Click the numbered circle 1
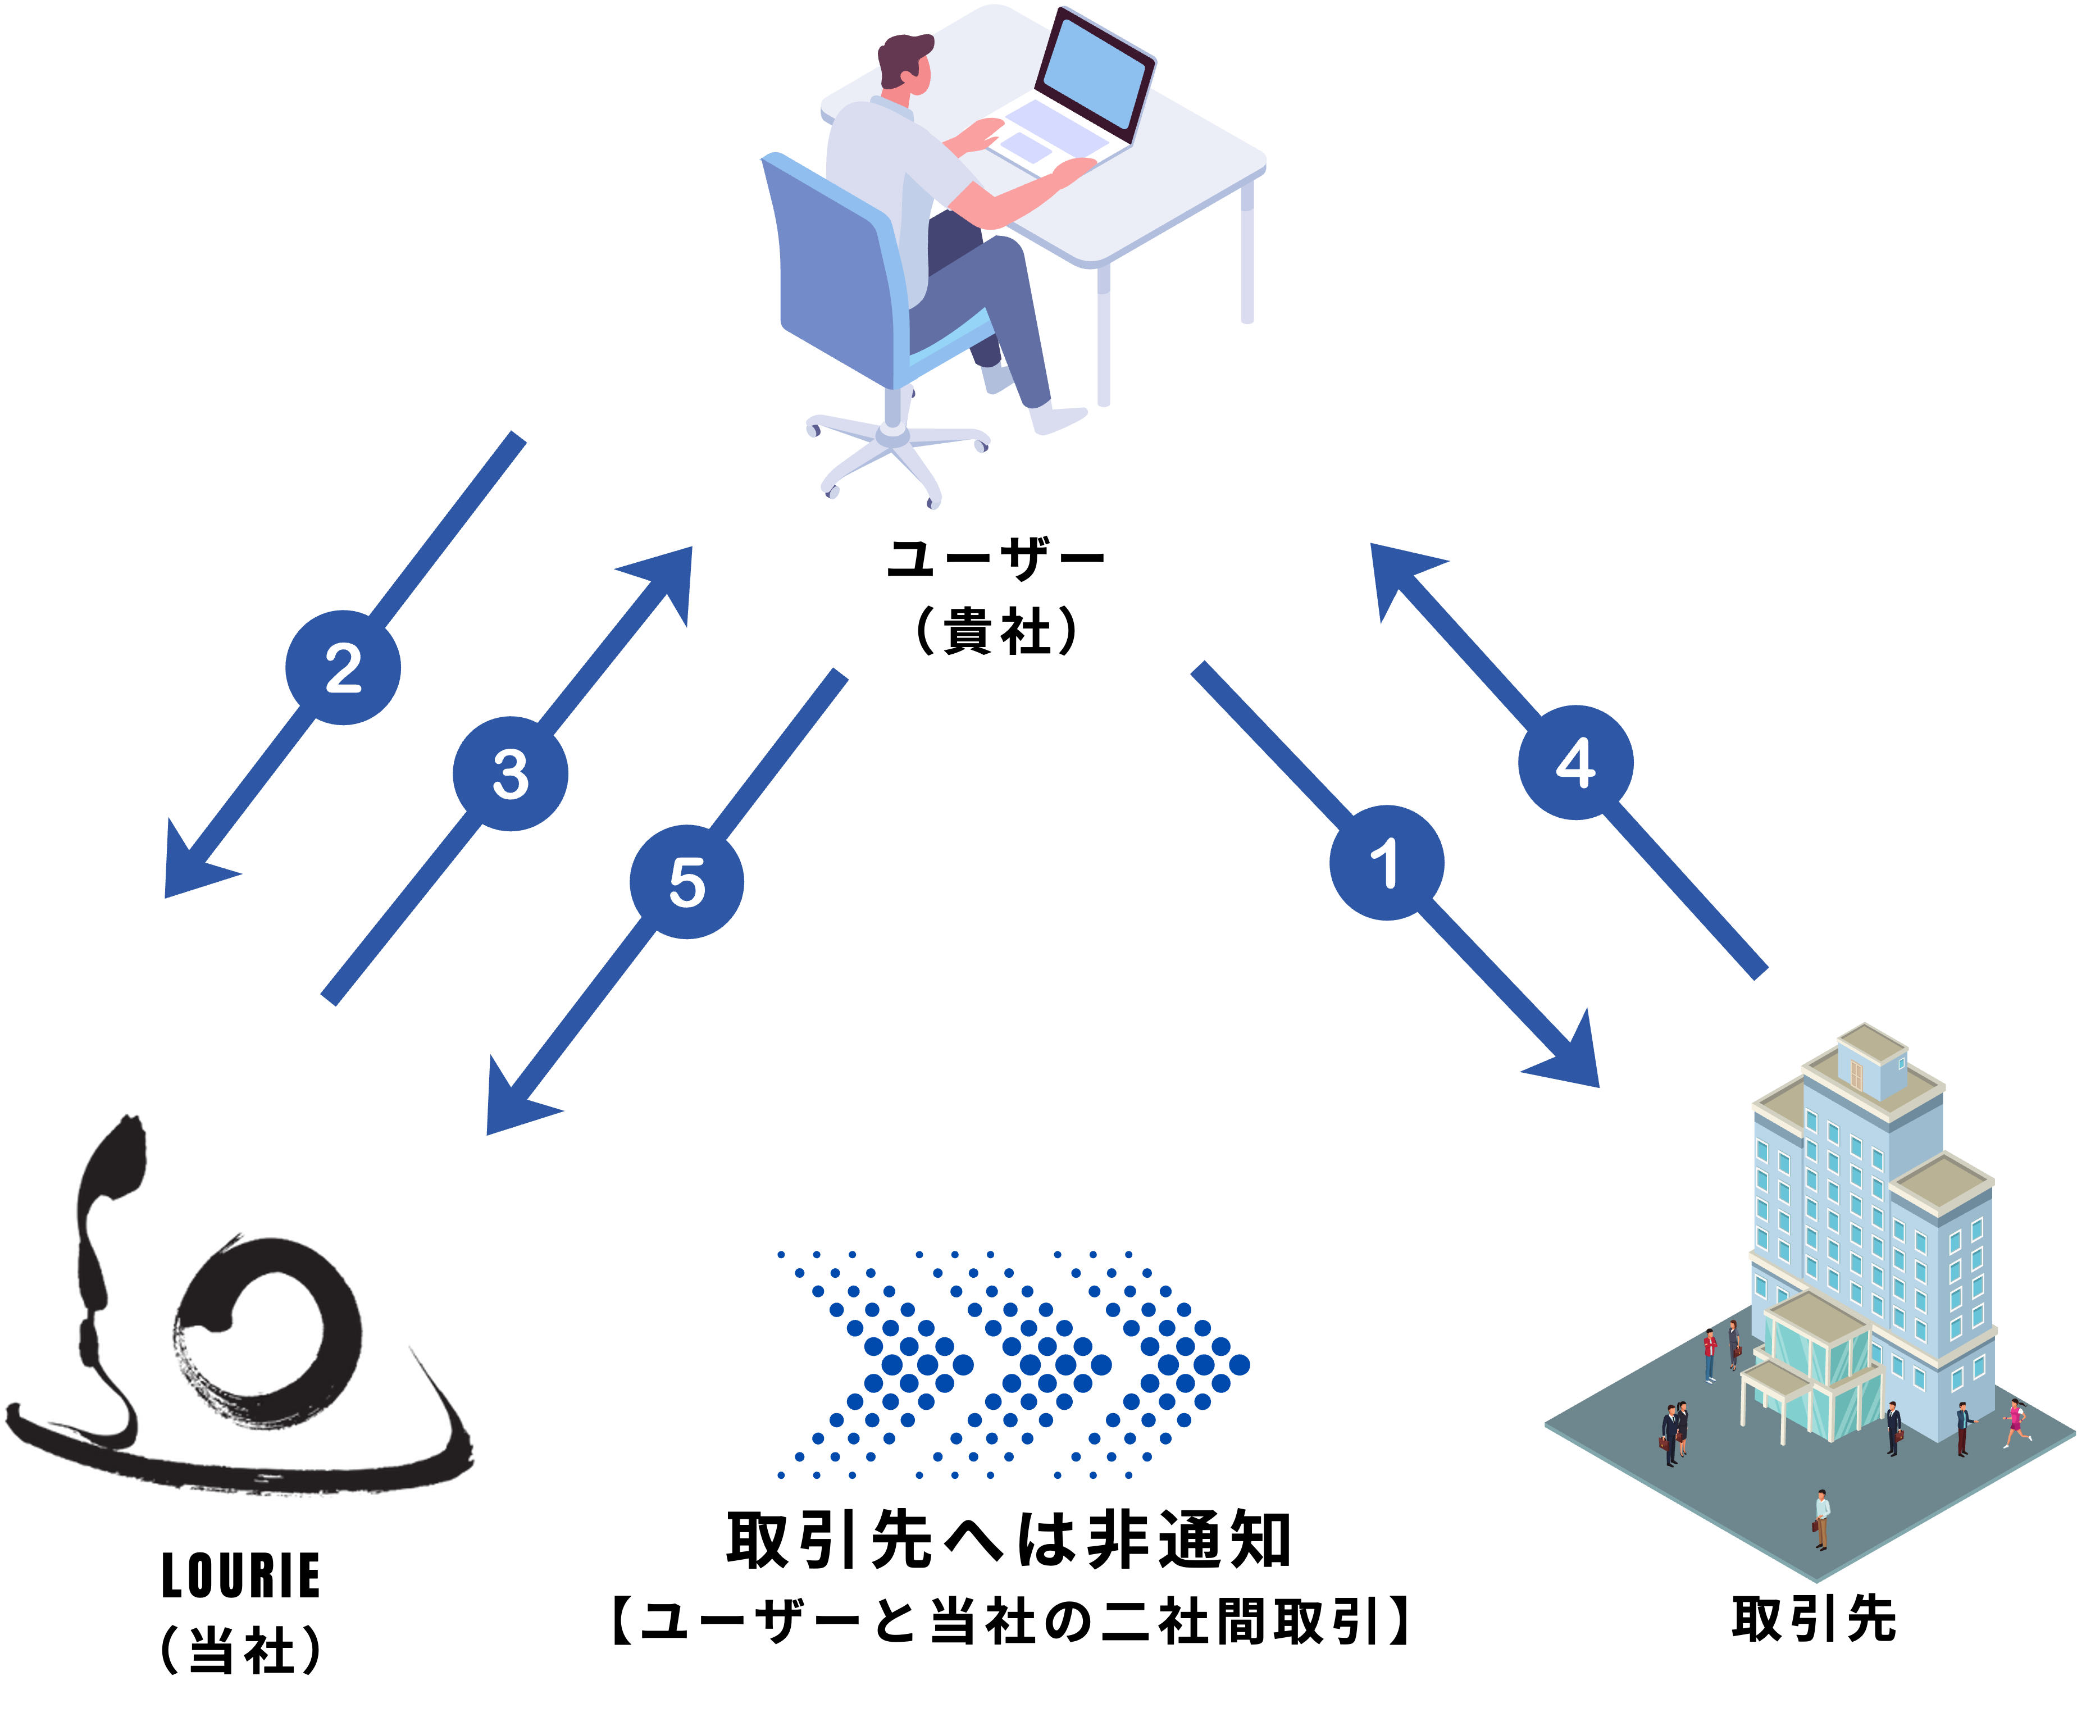(x=1386, y=863)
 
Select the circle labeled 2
(x=343, y=668)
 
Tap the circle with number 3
(x=511, y=773)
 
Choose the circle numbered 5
(x=686, y=881)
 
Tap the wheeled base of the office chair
(x=895, y=450)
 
